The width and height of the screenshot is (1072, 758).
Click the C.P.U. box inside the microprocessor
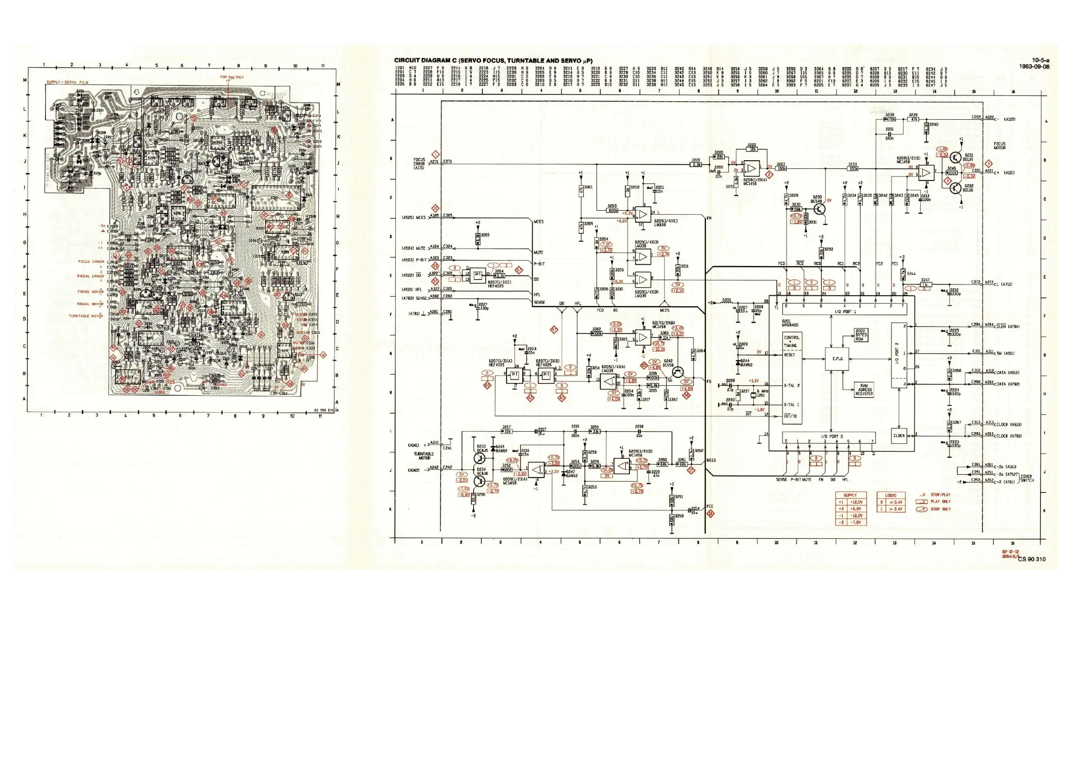click(837, 358)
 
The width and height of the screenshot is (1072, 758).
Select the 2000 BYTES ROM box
click(860, 334)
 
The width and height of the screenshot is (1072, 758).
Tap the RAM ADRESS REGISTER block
click(864, 390)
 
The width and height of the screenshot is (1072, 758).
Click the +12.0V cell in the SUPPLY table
click(857, 502)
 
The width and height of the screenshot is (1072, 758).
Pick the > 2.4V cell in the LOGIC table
click(896, 509)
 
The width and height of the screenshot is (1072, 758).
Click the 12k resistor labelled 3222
click(752, 149)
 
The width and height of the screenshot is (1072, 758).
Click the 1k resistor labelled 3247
click(924, 284)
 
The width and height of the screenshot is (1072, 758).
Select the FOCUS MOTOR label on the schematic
click(1000, 146)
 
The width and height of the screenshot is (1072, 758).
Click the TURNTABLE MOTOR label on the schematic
click(424, 456)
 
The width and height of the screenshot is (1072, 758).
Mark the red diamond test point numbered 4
click(988, 163)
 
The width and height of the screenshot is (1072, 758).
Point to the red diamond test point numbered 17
click(692, 470)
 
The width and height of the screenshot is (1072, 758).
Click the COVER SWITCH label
click(1026, 478)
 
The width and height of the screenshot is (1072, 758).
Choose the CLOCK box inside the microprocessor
click(899, 435)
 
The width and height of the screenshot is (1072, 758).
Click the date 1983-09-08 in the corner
click(1034, 66)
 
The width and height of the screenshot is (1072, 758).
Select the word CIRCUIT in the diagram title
click(408, 61)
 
